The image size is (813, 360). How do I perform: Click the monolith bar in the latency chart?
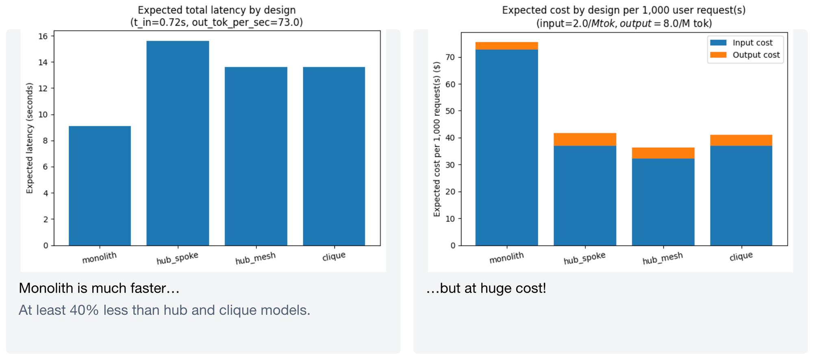[100, 186]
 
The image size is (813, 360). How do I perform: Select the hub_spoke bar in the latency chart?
[178, 143]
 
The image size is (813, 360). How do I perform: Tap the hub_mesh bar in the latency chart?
[256, 156]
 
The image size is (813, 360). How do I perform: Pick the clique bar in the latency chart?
[334, 156]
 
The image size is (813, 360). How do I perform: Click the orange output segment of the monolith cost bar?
[506, 46]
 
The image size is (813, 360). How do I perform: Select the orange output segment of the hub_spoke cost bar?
[585, 139]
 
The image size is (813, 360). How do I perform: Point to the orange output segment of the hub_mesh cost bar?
[663, 153]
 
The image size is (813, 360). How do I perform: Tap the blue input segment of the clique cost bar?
[741, 195]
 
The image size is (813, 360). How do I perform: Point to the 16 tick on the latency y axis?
[43, 37]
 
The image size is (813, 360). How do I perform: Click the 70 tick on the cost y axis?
[450, 57]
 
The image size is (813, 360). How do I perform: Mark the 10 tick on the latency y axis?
[43, 115]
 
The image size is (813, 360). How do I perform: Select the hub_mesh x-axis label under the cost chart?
[662, 258]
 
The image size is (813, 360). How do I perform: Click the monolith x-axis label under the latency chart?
[99, 258]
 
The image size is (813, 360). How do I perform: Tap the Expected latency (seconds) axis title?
[29, 138]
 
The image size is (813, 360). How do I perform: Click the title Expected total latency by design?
[216, 10]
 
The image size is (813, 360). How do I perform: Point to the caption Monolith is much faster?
[99, 288]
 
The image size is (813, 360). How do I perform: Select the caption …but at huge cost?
[486, 288]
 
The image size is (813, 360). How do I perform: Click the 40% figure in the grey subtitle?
[84, 310]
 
